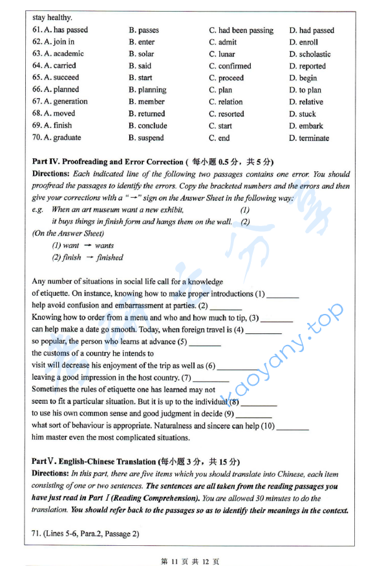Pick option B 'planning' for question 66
coord(147,90)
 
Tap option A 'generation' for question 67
coord(64,101)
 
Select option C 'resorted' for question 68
coord(226,114)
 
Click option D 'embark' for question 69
coord(306,126)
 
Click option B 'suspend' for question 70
coord(146,138)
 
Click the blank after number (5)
coord(205,342)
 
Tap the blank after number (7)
coord(211,379)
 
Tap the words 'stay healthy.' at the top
coord(52,18)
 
